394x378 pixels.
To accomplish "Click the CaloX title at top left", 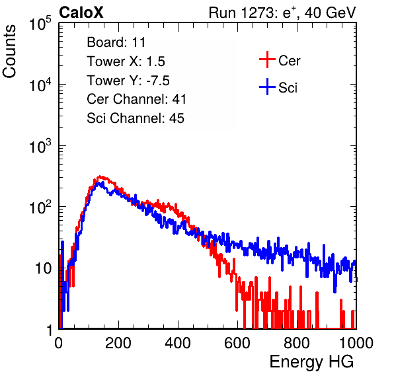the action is point(81,13).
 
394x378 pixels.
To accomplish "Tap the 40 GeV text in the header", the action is point(331,13).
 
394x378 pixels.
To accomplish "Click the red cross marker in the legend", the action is point(267,59).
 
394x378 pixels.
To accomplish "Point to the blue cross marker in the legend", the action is point(267,87).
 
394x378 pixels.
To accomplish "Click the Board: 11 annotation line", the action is point(116,42).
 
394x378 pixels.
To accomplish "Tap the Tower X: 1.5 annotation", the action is point(126,61).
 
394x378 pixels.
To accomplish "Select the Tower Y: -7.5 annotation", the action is point(128,81).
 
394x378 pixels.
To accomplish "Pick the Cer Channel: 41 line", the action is point(136,99).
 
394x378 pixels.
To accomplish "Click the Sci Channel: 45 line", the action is point(136,118).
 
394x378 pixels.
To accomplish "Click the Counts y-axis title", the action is point(9,52).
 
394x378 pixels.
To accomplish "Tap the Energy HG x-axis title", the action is point(311,362).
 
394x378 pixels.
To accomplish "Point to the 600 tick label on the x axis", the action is point(237,343).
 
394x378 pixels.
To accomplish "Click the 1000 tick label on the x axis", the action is point(356,343).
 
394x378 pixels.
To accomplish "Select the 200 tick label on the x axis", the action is point(118,343).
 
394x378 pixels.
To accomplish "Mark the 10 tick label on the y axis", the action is point(44,268).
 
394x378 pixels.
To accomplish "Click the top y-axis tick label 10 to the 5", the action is point(40,23).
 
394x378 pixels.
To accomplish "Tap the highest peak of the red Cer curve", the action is point(100,176).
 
